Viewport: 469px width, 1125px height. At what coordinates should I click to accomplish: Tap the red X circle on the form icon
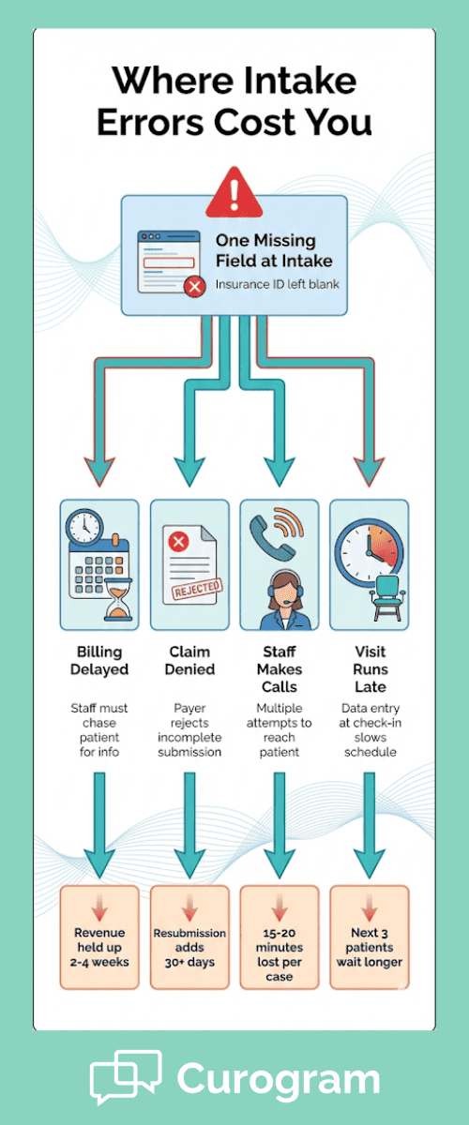(194, 287)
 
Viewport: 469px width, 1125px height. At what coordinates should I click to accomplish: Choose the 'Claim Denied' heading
(189, 660)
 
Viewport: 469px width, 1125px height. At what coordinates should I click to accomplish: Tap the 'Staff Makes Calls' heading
(280, 669)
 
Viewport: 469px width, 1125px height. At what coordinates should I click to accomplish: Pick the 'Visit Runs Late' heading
(370, 669)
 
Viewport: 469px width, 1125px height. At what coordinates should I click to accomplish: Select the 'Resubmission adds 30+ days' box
(189, 937)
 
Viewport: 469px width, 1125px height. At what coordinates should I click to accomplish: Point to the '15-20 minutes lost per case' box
(280, 937)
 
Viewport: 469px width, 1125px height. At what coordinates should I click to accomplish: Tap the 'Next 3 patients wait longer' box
(370, 937)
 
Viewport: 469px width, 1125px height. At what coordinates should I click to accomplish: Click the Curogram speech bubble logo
(125, 1077)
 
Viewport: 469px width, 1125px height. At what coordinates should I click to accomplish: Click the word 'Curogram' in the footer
(278, 1078)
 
